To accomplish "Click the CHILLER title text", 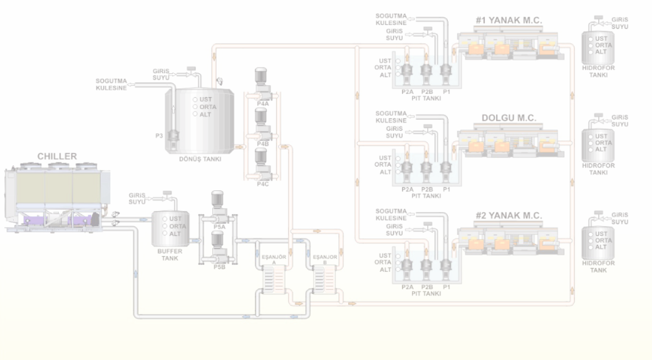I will [x=57, y=156].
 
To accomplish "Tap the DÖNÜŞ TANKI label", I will [x=200, y=159].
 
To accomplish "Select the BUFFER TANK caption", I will [x=168, y=254].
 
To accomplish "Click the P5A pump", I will [x=218, y=202].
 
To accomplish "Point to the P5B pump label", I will [x=219, y=267].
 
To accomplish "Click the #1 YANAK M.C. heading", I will [x=508, y=21].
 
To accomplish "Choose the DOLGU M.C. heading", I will [x=508, y=117].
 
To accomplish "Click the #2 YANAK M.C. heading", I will [x=508, y=215].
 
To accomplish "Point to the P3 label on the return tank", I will [x=160, y=135].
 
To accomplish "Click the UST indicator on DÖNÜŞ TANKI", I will [x=207, y=100].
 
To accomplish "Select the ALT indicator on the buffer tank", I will [x=176, y=234].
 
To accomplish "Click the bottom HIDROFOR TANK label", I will [x=599, y=267].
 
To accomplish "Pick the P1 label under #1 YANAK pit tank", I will [x=447, y=91].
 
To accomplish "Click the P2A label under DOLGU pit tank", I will [x=407, y=188].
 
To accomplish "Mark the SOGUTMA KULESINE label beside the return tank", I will [x=111, y=85].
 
